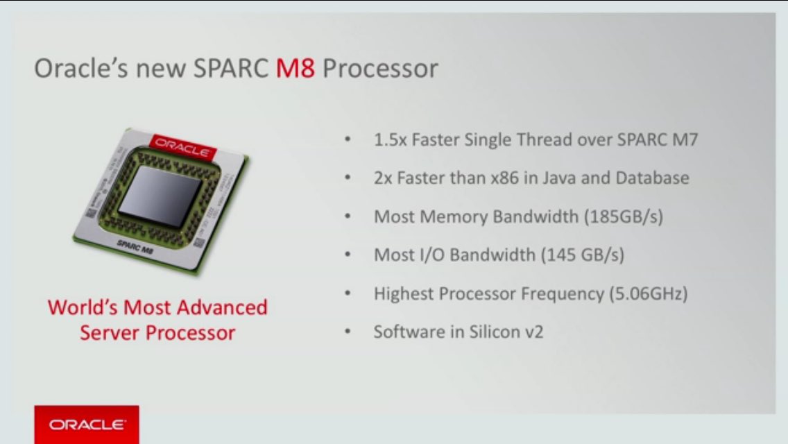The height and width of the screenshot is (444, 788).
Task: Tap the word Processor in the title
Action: (381, 69)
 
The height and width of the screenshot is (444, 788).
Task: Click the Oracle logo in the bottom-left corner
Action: (87, 424)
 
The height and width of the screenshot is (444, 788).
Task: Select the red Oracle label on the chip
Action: (181, 144)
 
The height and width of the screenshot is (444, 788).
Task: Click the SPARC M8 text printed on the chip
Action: (136, 246)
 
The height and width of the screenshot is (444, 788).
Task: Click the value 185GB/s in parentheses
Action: (623, 216)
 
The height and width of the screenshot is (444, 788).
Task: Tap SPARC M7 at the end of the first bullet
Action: (657, 139)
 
